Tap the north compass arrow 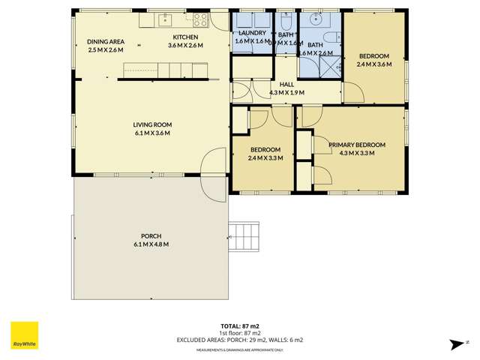point(454,343)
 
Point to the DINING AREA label point(106,41)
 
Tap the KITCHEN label point(185,37)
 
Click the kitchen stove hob point(201,20)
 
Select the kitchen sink point(166,19)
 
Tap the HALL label point(286,85)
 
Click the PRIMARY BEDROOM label point(356,145)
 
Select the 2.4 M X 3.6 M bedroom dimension point(373,64)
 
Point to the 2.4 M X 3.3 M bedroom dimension point(264,157)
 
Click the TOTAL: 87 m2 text point(240,325)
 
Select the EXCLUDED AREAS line point(240,340)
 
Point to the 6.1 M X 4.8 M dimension point(151,244)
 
